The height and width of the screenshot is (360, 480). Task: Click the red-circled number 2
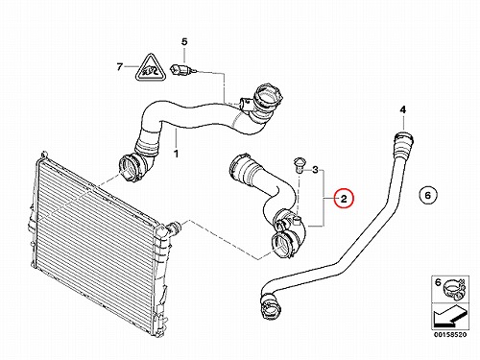point(344,199)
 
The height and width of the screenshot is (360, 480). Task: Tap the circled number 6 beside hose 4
point(428,195)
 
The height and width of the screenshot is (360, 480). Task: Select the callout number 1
point(176,154)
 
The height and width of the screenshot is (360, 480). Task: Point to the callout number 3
point(315,170)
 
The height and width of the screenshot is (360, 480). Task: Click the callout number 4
point(403,109)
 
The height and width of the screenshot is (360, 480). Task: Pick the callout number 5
point(184,41)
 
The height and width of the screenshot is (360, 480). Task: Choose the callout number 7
point(120,67)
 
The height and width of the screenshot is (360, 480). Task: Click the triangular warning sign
point(150,69)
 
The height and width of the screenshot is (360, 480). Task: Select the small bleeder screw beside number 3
point(299,164)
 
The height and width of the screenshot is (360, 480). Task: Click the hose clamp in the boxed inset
point(452,288)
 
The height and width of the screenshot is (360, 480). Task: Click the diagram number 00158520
point(450,335)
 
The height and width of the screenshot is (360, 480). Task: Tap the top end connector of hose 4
point(404,140)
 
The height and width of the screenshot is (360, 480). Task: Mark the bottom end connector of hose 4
point(271,306)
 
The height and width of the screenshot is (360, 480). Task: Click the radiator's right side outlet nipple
point(173,228)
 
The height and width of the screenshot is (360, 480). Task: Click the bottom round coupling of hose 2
point(283,245)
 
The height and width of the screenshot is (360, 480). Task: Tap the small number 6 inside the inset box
point(438,282)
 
